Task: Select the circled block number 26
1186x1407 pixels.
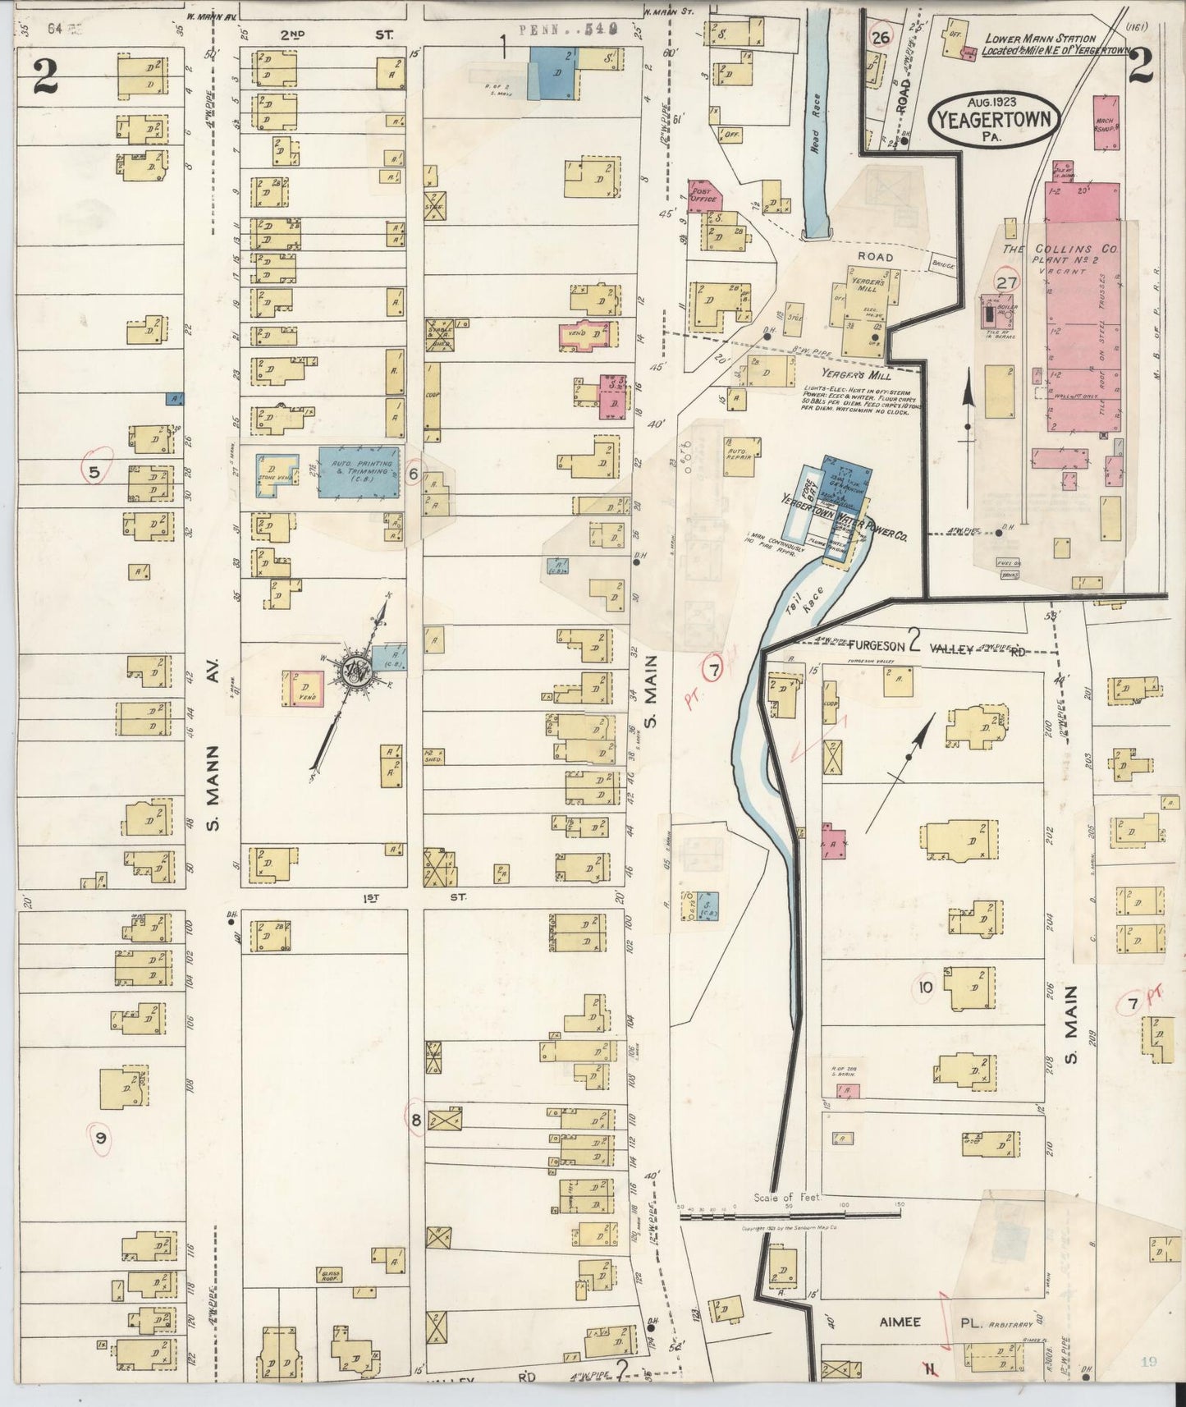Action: [x=881, y=38]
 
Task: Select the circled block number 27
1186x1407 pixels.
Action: [x=1007, y=282]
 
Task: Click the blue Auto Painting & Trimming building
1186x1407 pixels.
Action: [x=360, y=471]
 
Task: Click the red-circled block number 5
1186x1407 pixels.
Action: [x=95, y=472]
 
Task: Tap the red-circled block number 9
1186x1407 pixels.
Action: [x=101, y=1137]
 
